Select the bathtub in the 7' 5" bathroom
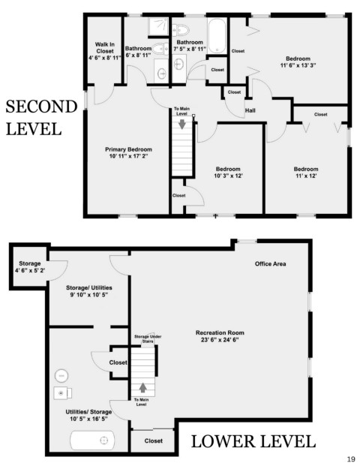[217, 36]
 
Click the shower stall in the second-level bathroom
[158, 26]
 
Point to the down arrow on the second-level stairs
[182, 124]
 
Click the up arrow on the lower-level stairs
[143, 387]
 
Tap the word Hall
[250, 110]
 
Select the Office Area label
[270, 263]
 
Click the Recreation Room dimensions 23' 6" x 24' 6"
[220, 340]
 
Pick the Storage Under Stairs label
[148, 338]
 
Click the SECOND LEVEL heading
[41, 118]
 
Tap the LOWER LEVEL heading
[253, 441]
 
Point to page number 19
[351, 459]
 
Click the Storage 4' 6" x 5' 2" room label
[30, 267]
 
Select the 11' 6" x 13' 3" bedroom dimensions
[298, 65]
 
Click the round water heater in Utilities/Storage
[61, 376]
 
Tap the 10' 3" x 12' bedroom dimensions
[228, 176]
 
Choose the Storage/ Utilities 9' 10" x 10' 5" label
[88, 291]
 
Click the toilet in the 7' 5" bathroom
[181, 30]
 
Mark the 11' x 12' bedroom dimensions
[306, 176]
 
